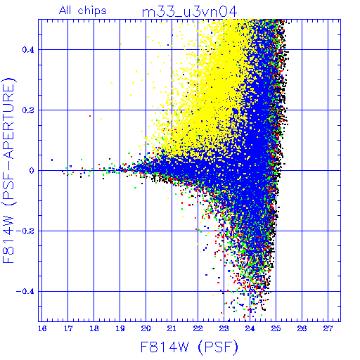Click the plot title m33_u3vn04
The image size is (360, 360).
(189, 12)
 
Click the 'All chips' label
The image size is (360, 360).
(83, 11)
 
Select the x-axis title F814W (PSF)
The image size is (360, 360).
(189, 347)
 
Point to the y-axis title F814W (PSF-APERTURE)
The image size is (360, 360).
(8, 170)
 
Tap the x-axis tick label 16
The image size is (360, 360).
(42, 328)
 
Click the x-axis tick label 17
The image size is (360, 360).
(68, 328)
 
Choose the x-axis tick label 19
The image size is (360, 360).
(120, 328)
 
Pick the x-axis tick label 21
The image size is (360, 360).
(172, 328)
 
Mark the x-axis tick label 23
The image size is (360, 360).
(224, 328)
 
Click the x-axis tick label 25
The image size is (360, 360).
(276, 328)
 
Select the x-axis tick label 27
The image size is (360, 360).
(328, 328)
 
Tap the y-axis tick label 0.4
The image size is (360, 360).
(28, 50)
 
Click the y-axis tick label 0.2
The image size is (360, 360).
(28, 110)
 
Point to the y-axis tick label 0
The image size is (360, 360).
(32, 171)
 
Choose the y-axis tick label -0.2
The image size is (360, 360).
(25, 231)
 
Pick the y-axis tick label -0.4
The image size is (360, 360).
(25, 292)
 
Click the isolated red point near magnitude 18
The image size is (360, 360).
(90, 116)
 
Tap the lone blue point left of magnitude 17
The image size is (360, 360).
(52, 160)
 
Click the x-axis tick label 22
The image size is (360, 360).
(198, 328)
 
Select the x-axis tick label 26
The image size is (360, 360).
(302, 328)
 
